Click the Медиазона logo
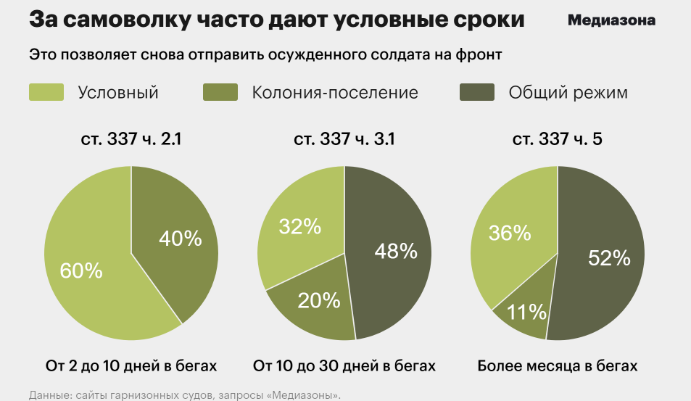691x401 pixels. click(x=612, y=20)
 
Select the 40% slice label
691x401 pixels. click(x=180, y=238)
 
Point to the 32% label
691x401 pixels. click(x=299, y=226)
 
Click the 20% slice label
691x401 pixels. click(x=318, y=299)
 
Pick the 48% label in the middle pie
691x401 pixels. click(x=395, y=251)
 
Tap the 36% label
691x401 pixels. click(x=510, y=232)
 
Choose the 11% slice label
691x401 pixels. click(x=526, y=312)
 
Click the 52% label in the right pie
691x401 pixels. click(x=609, y=257)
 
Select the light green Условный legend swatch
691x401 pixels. click(x=46, y=92)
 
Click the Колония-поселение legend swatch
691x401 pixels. click(x=220, y=92)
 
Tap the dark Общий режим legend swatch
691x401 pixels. click(x=478, y=92)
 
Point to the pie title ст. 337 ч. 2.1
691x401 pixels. click(x=131, y=139)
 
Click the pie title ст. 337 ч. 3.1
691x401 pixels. click(x=344, y=139)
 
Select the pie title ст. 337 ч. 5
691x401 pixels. click(x=558, y=139)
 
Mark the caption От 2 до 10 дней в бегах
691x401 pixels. click(x=131, y=365)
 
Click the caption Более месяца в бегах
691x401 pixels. click(x=558, y=365)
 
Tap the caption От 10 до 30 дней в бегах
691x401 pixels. click(x=344, y=365)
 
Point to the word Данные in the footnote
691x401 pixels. click(x=49, y=395)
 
